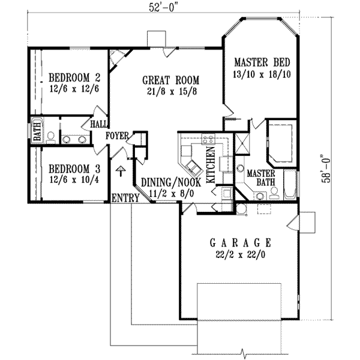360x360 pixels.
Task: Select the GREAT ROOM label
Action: [x=170, y=79]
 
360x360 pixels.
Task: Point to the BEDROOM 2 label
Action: [x=73, y=77]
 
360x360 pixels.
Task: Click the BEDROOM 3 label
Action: [x=73, y=169]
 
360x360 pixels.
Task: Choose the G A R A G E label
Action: [x=240, y=242]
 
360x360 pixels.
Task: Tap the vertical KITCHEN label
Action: [x=211, y=165]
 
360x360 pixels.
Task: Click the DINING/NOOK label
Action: [x=166, y=184]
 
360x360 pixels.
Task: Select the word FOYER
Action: [x=117, y=136]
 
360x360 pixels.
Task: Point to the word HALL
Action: [x=98, y=124]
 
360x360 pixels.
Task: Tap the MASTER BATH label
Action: [x=260, y=177]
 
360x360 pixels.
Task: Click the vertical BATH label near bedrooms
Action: [x=37, y=131]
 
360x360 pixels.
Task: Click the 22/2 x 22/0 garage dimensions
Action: [x=240, y=254]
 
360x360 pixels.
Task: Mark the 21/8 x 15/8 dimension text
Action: [x=170, y=91]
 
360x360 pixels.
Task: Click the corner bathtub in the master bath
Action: [x=280, y=143]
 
